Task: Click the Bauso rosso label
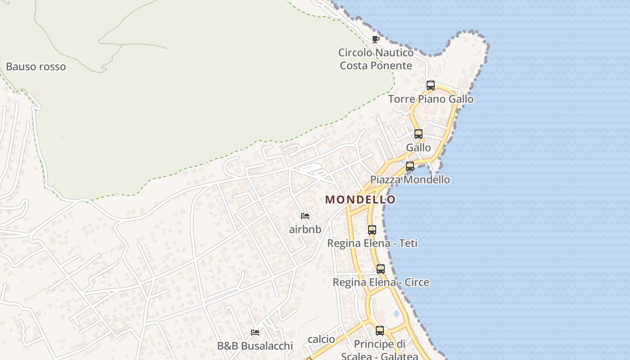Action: point(36,67)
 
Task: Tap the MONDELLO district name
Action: point(360,199)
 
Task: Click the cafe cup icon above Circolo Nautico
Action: point(376,39)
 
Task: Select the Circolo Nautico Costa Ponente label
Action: point(376,59)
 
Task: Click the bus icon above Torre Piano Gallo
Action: point(431,85)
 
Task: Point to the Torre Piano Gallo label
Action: point(431,99)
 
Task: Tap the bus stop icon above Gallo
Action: point(418,134)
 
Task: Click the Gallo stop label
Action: point(418,148)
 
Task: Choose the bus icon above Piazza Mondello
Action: point(410,166)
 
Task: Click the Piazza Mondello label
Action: point(410,180)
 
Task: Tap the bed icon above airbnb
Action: point(305,216)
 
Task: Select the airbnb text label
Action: point(305,229)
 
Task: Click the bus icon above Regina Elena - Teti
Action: point(372,229)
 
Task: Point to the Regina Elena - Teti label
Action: point(372,243)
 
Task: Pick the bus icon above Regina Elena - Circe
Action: point(381,269)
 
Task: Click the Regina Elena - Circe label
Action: point(381,283)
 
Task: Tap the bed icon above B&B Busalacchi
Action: point(255,333)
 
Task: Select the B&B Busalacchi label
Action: point(255,346)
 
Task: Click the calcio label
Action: point(321,339)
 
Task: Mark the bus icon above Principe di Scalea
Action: point(380,331)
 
